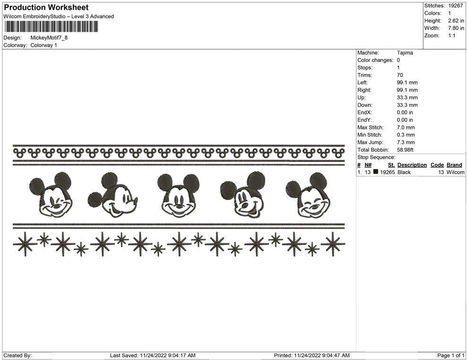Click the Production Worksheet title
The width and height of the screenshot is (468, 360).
(46, 8)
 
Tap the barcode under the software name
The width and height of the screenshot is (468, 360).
(51, 26)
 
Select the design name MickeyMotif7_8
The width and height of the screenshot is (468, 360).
(49, 38)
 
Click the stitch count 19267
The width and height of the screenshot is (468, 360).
(455, 6)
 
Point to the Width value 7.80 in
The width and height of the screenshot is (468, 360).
(456, 28)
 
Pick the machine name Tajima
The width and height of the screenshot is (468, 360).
(405, 53)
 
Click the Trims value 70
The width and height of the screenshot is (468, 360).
(399, 75)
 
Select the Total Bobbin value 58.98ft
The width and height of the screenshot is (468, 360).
(405, 150)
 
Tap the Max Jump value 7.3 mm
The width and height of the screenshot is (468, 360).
(406, 142)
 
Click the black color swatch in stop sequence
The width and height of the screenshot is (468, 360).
(375, 172)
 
